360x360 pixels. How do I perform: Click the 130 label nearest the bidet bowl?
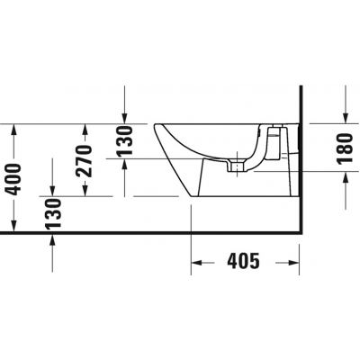[126, 142]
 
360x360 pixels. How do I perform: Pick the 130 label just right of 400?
[53, 216]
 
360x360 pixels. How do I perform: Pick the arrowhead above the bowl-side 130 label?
[126, 118]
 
